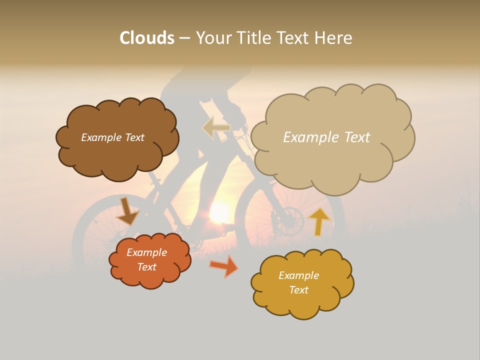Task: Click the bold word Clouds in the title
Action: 147,38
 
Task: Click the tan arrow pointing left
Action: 216,127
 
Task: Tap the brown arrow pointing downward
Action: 127,212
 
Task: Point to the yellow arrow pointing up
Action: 319,221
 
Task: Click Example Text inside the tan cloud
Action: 326,137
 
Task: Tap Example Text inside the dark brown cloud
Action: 112,137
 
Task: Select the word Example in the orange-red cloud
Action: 146,252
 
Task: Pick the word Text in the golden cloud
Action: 298,290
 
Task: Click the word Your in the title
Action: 212,38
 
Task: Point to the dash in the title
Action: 184,38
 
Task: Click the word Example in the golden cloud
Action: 298,275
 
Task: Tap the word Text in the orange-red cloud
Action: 146,267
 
